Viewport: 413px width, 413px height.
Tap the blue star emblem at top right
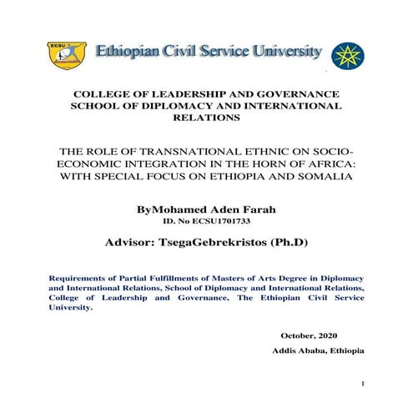347,54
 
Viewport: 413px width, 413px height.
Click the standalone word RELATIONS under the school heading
206,118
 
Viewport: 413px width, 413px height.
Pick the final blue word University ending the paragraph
71,307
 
